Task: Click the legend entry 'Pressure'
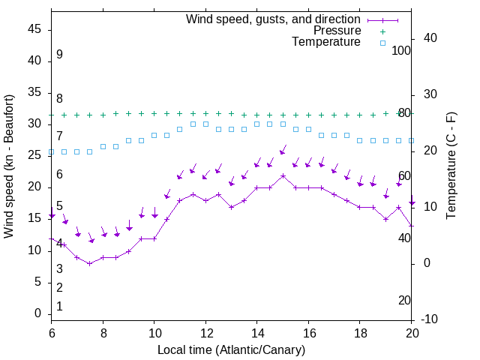pyautogui.click(x=337, y=31)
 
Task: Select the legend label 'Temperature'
pyautogui.click(x=326, y=42)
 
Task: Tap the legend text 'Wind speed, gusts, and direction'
pyautogui.click(x=273, y=19)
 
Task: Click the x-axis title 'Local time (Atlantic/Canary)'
pyautogui.click(x=231, y=349)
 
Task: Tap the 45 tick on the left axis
pyautogui.click(x=34, y=29)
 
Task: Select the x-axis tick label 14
pyautogui.click(x=256, y=333)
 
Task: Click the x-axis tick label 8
pyautogui.click(x=103, y=333)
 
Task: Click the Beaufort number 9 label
pyautogui.click(x=59, y=55)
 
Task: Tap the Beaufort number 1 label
pyautogui.click(x=59, y=307)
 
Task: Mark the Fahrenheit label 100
pyautogui.click(x=402, y=50)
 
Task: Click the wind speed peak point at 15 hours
pyautogui.click(x=283, y=175)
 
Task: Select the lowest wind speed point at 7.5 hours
pyautogui.click(x=90, y=263)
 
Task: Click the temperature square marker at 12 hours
pyautogui.click(x=205, y=124)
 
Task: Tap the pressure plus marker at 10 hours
pyautogui.click(x=154, y=114)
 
